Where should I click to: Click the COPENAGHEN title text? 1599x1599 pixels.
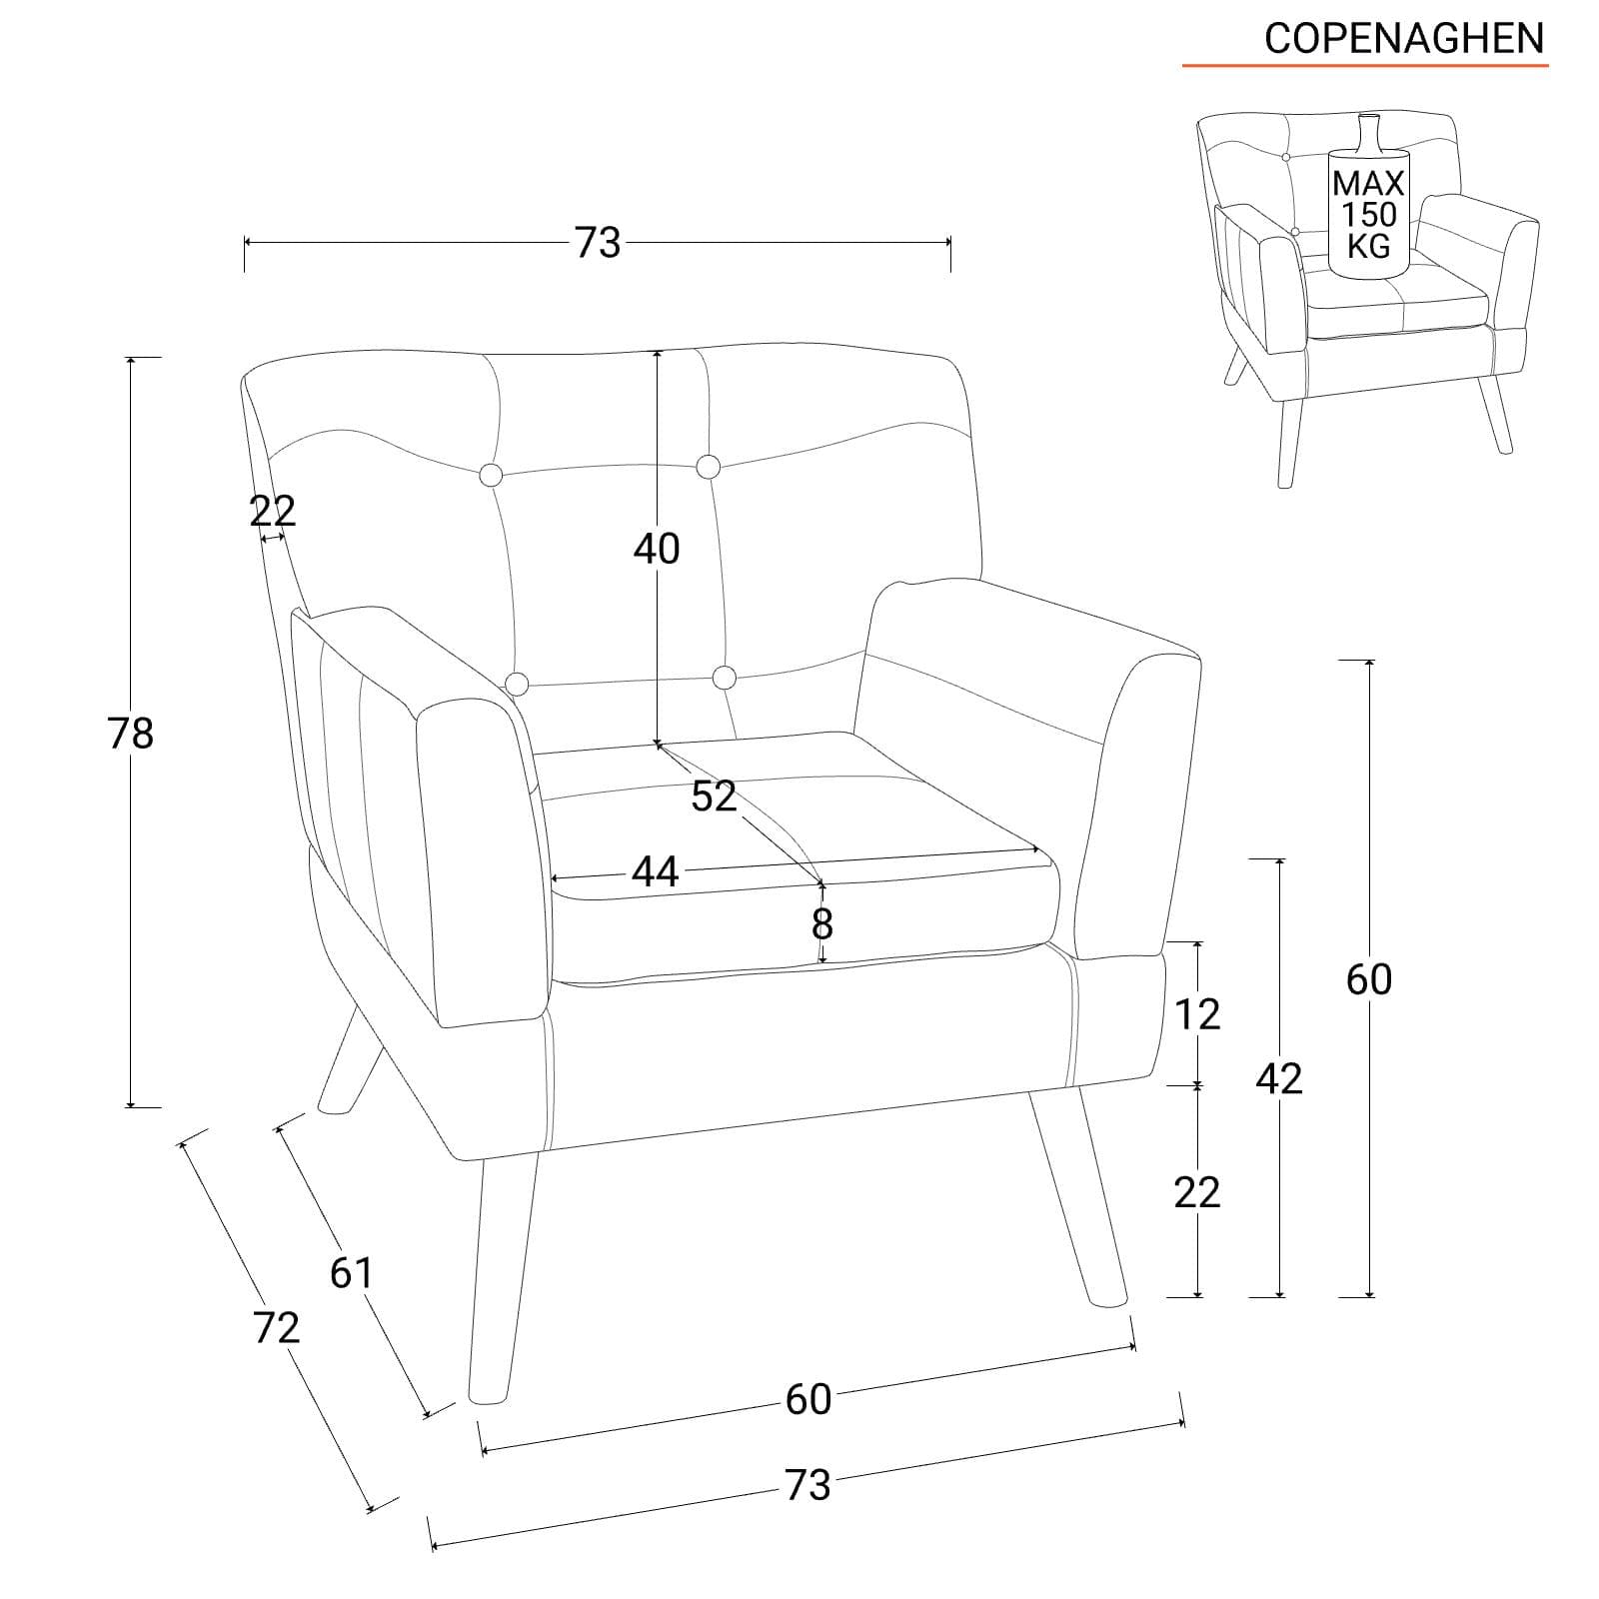pyautogui.click(x=1404, y=38)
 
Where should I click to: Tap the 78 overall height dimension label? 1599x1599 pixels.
pyautogui.click(x=131, y=734)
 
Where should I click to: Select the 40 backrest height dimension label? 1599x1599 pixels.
pyautogui.click(x=657, y=549)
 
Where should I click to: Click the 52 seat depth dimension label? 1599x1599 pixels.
pyautogui.click(x=714, y=796)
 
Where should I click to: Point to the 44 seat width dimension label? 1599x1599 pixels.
pyautogui.click(x=656, y=871)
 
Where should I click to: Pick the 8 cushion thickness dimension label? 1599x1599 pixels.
pyautogui.click(x=821, y=924)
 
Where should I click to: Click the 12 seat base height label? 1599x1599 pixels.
pyautogui.click(x=1197, y=1014)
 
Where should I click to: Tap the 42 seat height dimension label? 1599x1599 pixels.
pyautogui.click(x=1279, y=1078)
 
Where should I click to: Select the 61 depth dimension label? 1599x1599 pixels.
pyautogui.click(x=351, y=1272)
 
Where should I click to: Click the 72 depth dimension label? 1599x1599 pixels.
pyautogui.click(x=276, y=1327)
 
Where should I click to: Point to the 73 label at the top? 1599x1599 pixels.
pyautogui.click(x=597, y=243)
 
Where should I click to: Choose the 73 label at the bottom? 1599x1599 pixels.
pyautogui.click(x=807, y=1485)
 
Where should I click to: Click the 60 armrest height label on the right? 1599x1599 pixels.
pyautogui.click(x=1369, y=979)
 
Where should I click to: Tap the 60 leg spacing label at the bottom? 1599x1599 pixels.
pyautogui.click(x=807, y=1399)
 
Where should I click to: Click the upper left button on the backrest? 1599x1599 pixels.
pyautogui.click(x=492, y=475)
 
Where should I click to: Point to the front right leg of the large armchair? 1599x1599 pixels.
pyautogui.click(x=1079, y=1194)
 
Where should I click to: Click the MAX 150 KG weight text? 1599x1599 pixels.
pyautogui.click(x=1368, y=213)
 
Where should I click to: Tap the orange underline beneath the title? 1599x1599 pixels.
pyautogui.click(x=1365, y=66)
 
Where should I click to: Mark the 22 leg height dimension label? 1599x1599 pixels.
pyautogui.click(x=1197, y=1191)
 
